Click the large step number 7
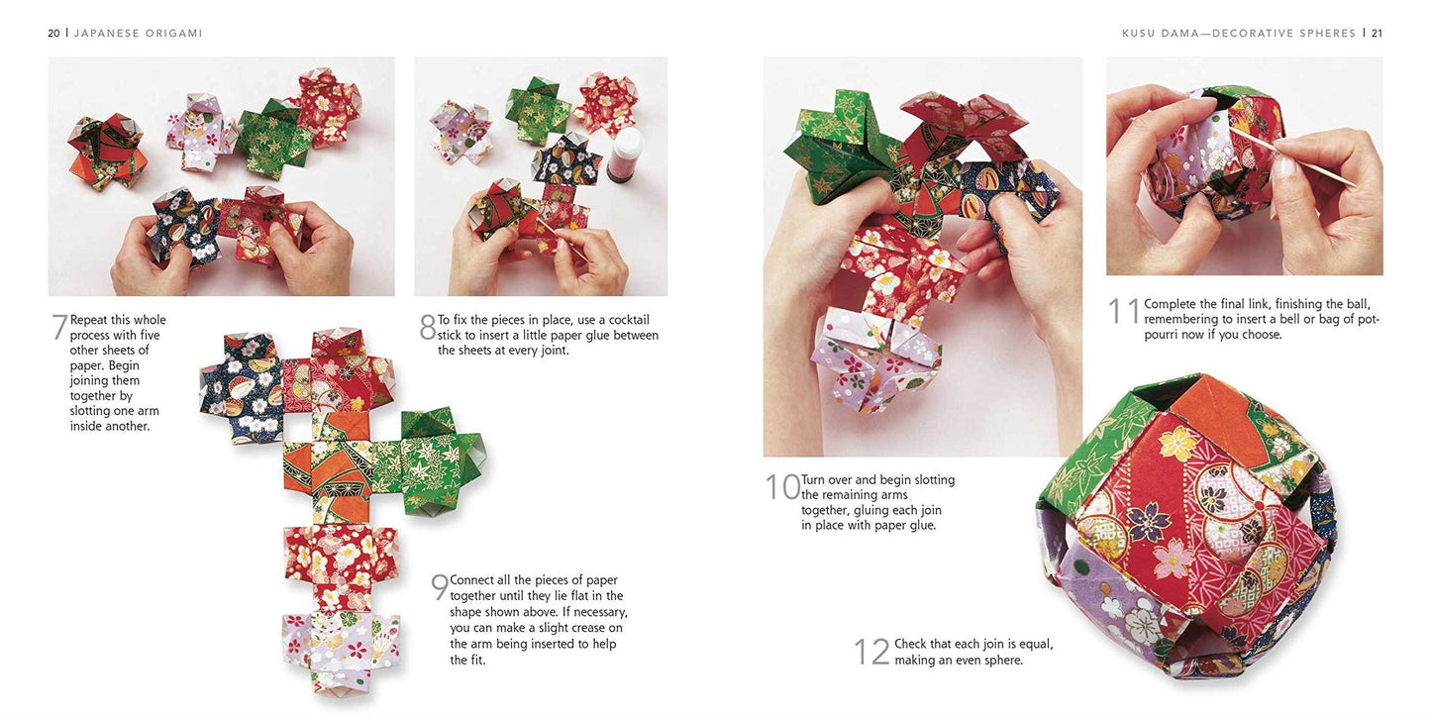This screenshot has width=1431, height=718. [x=58, y=328]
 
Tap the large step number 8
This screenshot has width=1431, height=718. [x=427, y=328]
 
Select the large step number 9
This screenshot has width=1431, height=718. [x=439, y=587]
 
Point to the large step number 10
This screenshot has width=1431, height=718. [x=781, y=487]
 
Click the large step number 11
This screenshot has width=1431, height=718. [x=1124, y=311]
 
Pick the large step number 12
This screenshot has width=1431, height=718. [x=871, y=652]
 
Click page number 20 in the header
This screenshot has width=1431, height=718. [x=53, y=33]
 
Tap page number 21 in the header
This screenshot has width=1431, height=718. [x=1377, y=33]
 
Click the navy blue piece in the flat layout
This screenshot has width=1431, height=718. [x=238, y=386]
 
